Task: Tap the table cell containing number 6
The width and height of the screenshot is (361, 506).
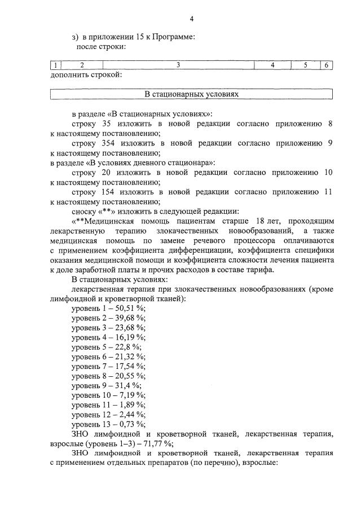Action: [x=326, y=65]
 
